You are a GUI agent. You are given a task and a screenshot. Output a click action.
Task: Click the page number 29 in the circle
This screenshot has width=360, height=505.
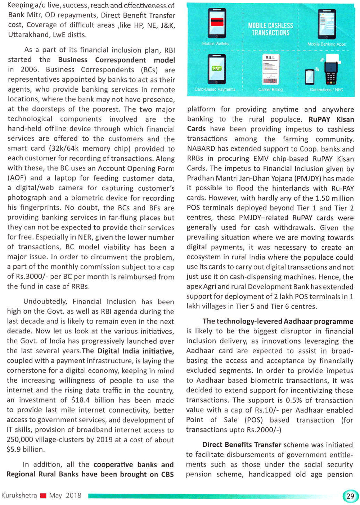tap(350, 496)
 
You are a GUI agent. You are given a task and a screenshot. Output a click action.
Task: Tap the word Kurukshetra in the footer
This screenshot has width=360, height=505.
tap(19, 496)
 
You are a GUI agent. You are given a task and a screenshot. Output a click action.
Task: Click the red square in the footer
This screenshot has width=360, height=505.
tap(43, 496)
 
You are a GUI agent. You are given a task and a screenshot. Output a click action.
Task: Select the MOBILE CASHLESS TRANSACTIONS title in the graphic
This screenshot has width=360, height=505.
tap(270, 29)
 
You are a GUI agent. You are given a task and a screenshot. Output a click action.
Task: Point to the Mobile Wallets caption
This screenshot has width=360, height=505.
tap(215, 44)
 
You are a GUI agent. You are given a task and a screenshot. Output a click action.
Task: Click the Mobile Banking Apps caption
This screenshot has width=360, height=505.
tap(326, 44)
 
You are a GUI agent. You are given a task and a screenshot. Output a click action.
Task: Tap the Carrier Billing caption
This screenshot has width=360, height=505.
tap(270, 90)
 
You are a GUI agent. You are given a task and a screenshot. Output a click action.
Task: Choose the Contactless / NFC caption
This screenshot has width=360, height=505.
tap(326, 90)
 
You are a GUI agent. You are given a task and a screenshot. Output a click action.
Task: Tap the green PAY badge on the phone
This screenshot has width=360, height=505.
tap(216, 68)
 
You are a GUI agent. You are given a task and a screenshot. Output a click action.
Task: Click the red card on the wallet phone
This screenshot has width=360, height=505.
tap(217, 21)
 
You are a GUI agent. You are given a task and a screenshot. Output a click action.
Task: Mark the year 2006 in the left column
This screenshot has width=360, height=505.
tap(29, 70)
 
